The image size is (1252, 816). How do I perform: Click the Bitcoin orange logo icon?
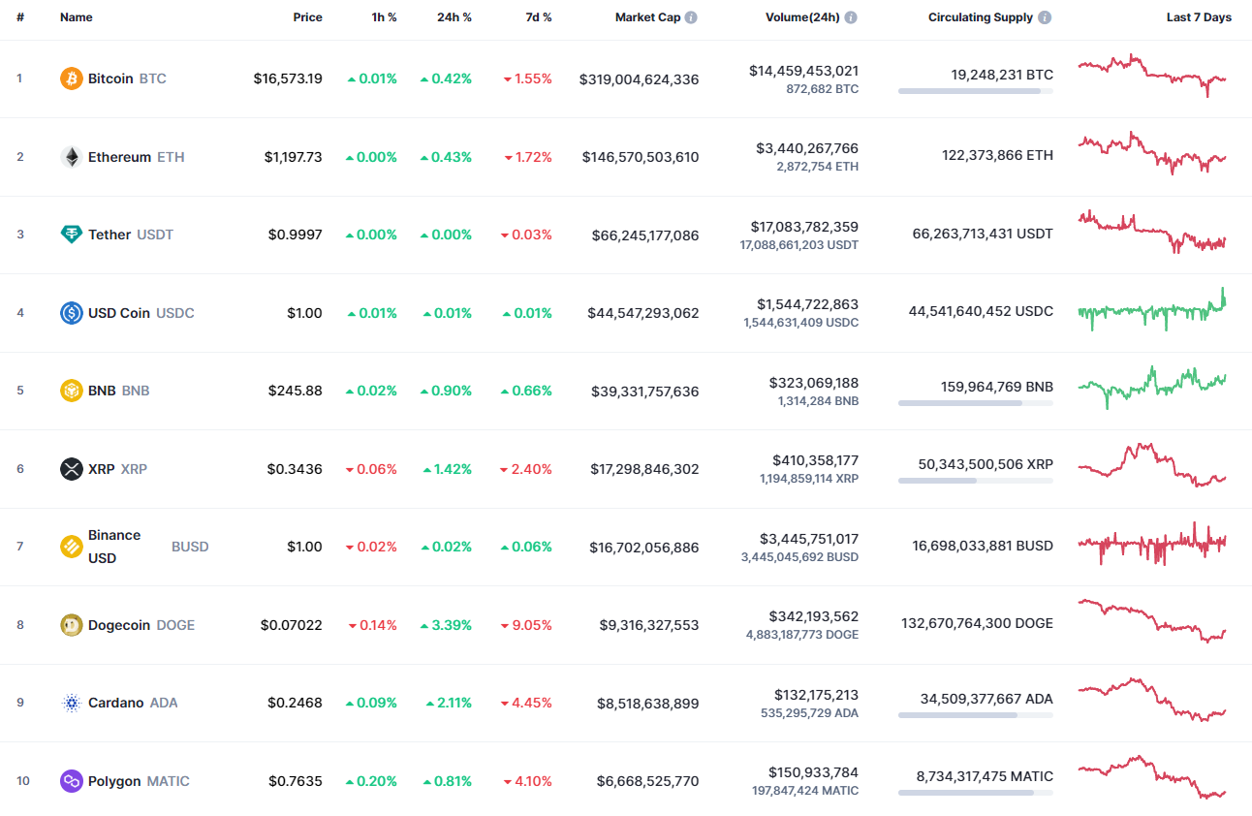pos(72,78)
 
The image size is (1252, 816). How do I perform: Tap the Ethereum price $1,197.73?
pos(294,157)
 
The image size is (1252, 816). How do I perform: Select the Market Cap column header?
pos(647,17)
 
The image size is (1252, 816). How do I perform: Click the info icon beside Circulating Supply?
pos(1045,17)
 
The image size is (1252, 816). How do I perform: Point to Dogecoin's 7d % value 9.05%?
pos(532,625)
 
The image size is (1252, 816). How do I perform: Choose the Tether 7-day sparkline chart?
pos(1152,233)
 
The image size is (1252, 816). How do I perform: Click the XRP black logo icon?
pos(72,469)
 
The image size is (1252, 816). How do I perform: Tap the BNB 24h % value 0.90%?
pos(452,391)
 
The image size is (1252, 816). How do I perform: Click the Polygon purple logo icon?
pos(72,781)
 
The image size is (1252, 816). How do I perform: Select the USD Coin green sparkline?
pos(1152,310)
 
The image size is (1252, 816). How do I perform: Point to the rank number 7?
pos(19,547)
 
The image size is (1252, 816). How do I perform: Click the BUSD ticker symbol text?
pos(190,547)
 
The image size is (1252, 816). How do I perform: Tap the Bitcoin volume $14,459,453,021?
pos(803,71)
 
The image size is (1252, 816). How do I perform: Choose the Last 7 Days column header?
pos(1199,17)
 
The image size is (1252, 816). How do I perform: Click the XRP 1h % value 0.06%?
pos(377,469)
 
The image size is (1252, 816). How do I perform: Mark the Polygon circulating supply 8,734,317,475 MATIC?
pos(985,775)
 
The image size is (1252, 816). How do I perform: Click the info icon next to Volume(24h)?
pos(850,17)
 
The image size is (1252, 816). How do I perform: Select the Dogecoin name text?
pos(119,625)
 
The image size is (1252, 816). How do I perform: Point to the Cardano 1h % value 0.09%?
pos(377,704)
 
